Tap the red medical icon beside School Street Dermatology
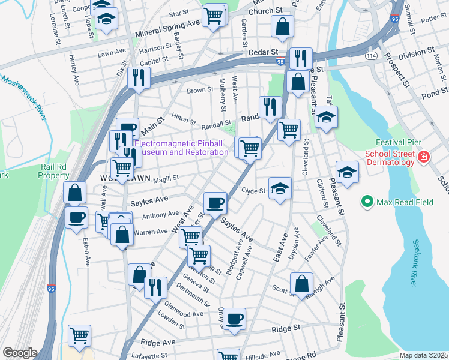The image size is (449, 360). coord(424,157)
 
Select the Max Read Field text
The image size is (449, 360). coord(405,202)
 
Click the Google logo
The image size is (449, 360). coord(20,353)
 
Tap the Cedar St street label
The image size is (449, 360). coord(265,53)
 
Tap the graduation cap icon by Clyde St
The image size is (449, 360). coord(280,188)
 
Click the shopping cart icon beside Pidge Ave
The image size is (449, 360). coord(79,335)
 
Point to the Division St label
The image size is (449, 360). coord(415,54)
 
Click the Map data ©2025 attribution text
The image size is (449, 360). coord(423,355)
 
